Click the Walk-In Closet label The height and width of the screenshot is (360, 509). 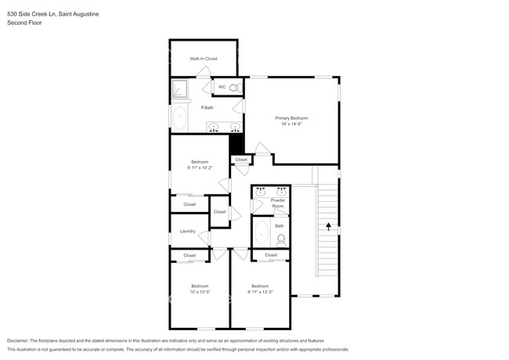203,59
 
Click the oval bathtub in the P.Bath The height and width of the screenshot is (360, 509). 179,119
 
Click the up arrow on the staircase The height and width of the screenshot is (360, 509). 328,228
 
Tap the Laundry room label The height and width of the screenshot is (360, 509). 187,231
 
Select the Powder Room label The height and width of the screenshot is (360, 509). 278,203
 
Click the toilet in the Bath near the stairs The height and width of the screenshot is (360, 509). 280,239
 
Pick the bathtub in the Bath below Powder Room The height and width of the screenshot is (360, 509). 261,234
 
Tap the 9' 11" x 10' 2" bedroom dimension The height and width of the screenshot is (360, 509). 200,167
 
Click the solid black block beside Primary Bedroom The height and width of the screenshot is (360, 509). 233,143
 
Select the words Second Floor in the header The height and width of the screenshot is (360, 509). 24,23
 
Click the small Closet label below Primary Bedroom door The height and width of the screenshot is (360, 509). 241,160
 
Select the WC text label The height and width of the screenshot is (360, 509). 222,87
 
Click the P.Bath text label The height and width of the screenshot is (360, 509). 208,107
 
